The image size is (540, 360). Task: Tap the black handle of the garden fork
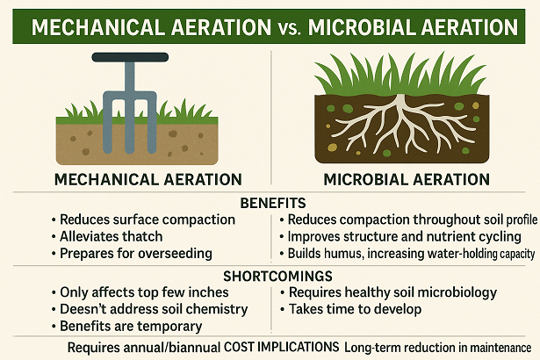point(132,60)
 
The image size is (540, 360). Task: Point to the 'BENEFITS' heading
point(270,203)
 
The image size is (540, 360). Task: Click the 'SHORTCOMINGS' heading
point(270,275)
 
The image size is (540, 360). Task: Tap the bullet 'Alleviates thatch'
point(111,236)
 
